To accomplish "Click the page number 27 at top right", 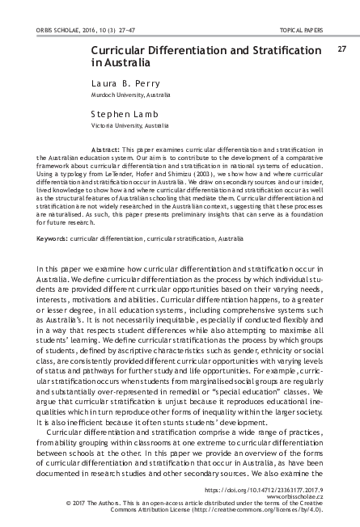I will (x=341, y=48).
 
